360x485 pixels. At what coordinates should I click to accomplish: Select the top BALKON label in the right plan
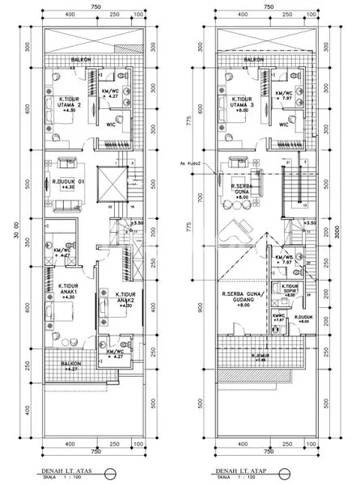(x=255, y=59)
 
